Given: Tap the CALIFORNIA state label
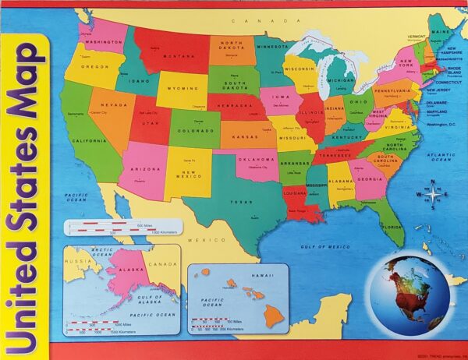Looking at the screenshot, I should [x=89, y=141].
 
